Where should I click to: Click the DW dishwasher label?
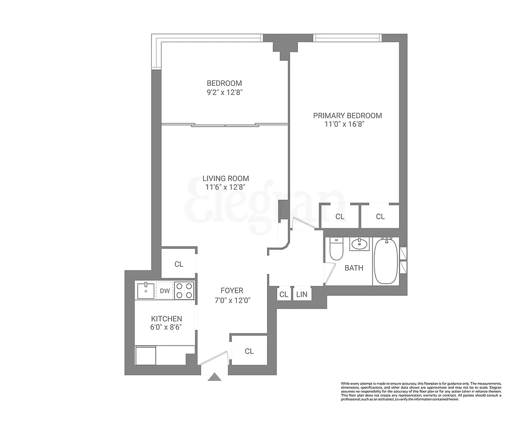[x=164, y=291]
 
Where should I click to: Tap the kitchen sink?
[x=145, y=291]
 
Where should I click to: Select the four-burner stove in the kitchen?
[x=185, y=290]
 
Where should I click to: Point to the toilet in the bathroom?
[x=336, y=249]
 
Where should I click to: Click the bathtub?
[x=386, y=261]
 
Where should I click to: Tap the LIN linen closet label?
[x=301, y=294]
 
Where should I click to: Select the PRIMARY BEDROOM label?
[x=347, y=116]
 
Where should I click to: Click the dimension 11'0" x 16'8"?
[x=344, y=125]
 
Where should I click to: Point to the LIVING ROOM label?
[x=226, y=178]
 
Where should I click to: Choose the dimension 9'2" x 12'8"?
[x=224, y=92]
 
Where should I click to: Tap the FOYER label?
[x=232, y=291]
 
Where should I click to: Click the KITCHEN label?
[x=166, y=318]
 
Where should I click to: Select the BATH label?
[x=354, y=268]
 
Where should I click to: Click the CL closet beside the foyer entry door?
[x=249, y=351]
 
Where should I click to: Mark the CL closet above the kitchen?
[x=179, y=264]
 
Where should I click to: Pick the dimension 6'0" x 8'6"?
[x=166, y=327]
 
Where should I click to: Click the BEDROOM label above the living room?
[x=224, y=83]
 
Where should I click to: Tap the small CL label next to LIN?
[x=284, y=294]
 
